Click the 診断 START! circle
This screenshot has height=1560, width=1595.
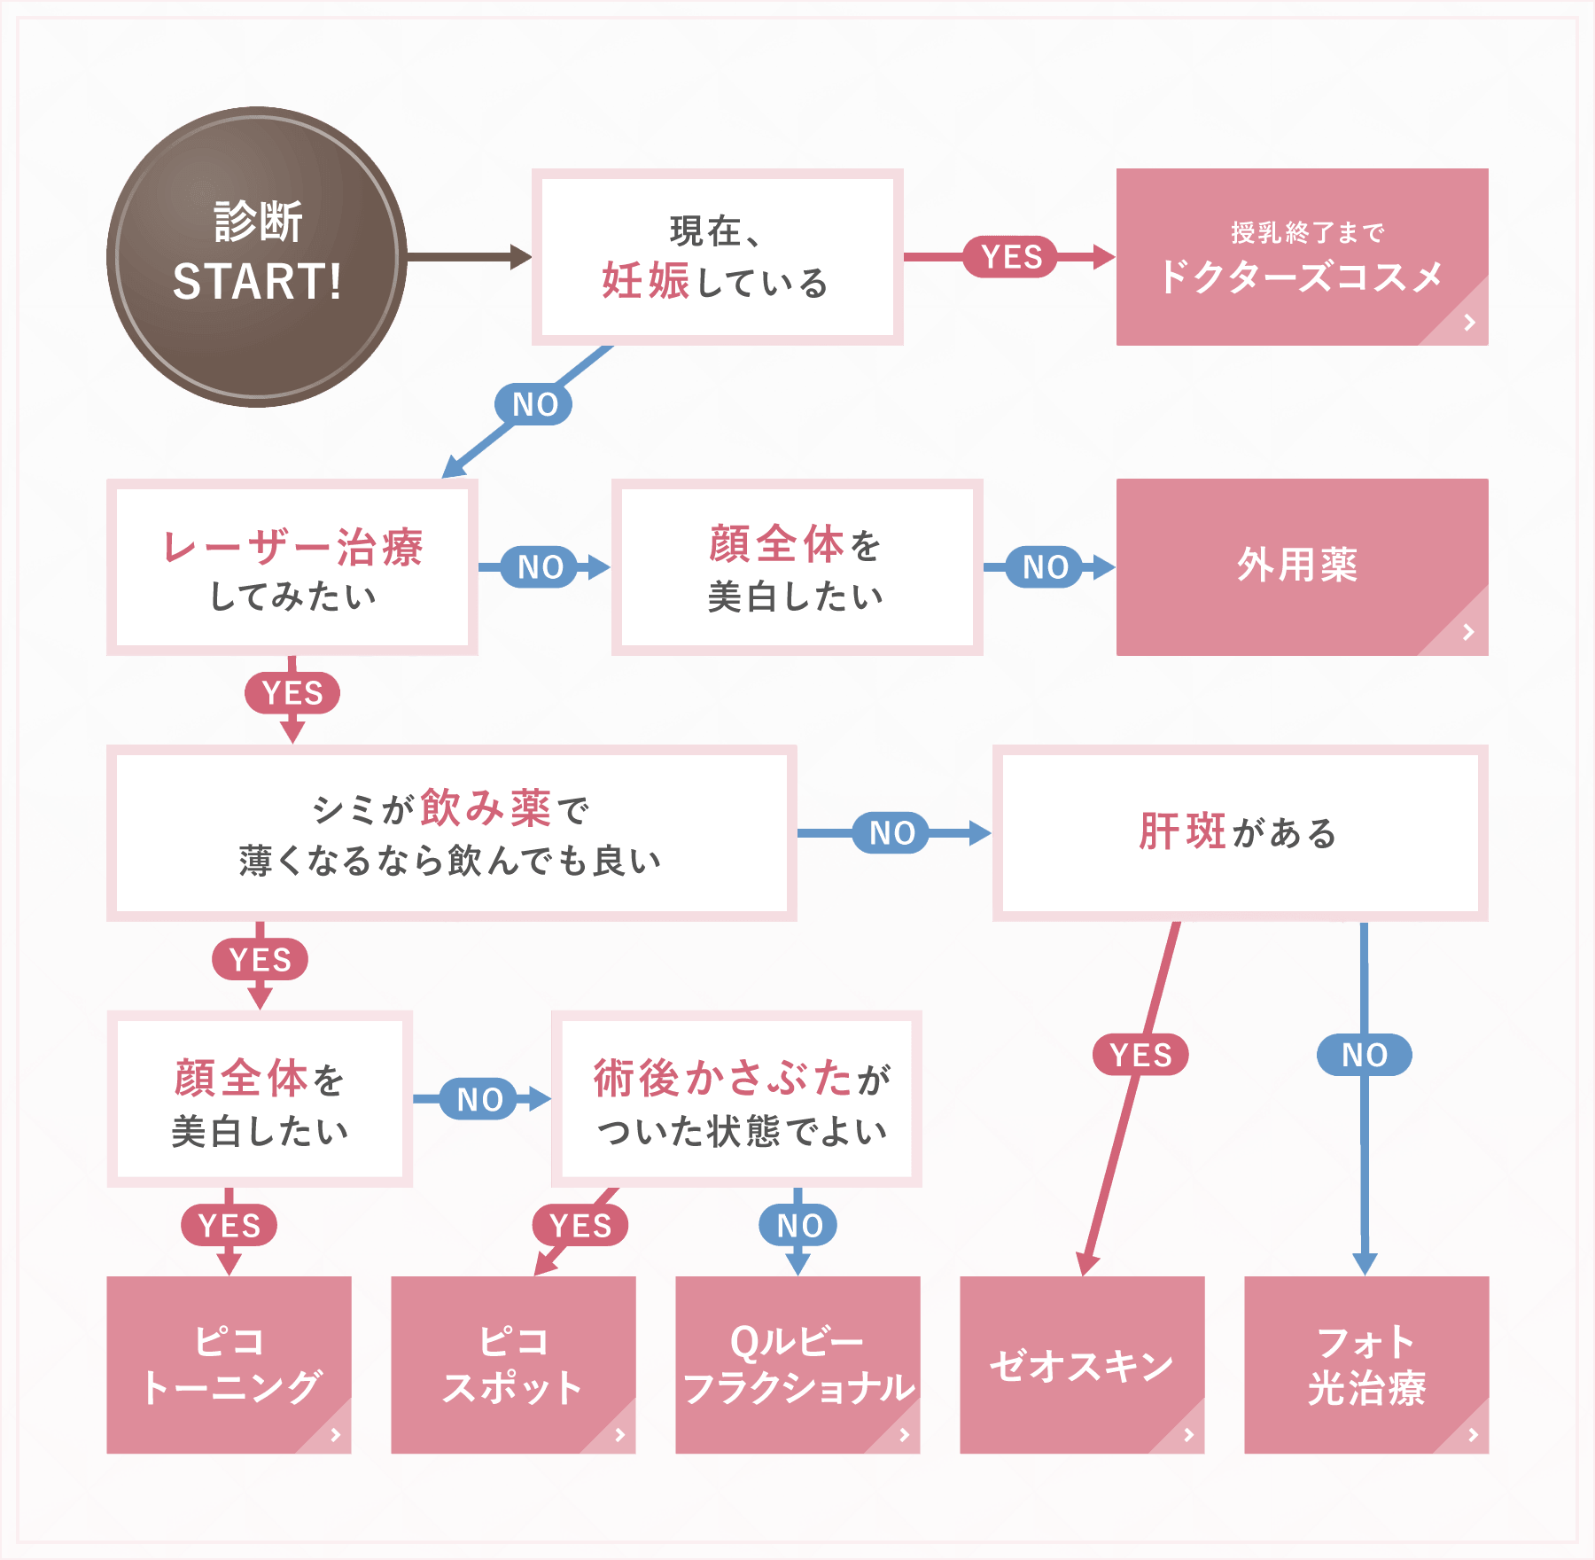point(257,257)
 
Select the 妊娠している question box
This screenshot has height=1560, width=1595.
point(717,257)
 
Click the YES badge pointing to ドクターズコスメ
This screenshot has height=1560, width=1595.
point(1011,257)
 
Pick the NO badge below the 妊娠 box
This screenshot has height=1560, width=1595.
point(534,404)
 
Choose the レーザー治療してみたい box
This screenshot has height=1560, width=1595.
point(292,567)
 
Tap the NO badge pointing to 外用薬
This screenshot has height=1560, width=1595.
point(1046,567)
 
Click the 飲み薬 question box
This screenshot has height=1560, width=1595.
point(451,833)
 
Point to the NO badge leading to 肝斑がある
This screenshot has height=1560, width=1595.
point(891,833)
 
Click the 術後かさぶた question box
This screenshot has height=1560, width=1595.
point(737,1099)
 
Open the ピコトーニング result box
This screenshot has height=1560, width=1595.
point(229,1365)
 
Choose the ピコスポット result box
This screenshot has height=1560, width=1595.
point(513,1365)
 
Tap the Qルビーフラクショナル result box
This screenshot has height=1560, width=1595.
point(797,1365)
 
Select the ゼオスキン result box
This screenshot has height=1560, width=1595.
point(1082,1365)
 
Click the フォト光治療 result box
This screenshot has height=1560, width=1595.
point(1366,1365)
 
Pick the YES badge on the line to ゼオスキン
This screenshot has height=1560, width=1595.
point(1140,1055)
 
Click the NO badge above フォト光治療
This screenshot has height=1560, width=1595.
point(1365,1055)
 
